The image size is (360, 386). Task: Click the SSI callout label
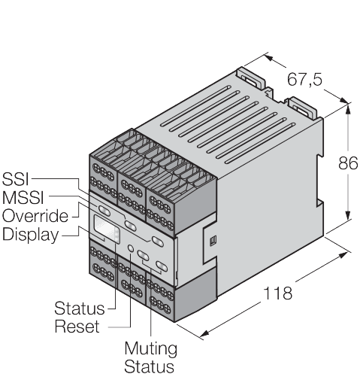pos(16,179)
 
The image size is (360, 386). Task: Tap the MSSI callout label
pos(23,197)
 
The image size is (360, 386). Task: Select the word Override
pos(35,216)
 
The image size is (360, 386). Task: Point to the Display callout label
pos(30,235)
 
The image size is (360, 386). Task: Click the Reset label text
pos(77,327)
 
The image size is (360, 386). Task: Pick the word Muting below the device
pos(151,349)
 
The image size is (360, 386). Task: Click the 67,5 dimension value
pos(304,80)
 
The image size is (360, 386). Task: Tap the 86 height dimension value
pos(348,163)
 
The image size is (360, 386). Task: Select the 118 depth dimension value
pos(278,293)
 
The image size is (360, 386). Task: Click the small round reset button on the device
pos(131,248)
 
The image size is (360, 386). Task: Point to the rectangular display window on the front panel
pos(107,229)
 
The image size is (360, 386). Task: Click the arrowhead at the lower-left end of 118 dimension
pos(205,333)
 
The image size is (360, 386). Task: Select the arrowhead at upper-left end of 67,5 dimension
pos(268,58)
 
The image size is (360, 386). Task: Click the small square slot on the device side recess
pos(214,240)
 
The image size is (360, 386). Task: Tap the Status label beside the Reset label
pos(80,308)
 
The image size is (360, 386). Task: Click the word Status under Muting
pos(149,366)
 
